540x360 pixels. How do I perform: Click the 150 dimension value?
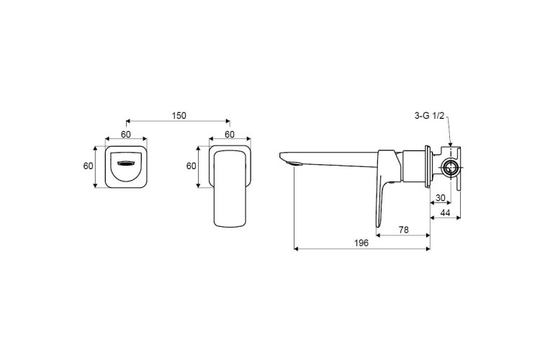coord(179,115)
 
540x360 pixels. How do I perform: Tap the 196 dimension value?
coord(361,243)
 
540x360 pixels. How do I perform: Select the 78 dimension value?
coord(403,230)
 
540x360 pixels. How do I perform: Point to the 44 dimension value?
coord(445,213)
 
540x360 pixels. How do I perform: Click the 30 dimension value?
coord(441,198)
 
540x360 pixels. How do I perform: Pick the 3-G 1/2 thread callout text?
coord(429,116)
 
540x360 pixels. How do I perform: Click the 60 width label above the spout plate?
coord(126,135)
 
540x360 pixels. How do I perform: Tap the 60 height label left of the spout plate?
coord(88,166)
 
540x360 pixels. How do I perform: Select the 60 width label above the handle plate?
coord(230,135)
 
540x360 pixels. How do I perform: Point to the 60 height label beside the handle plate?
coord(191,166)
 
